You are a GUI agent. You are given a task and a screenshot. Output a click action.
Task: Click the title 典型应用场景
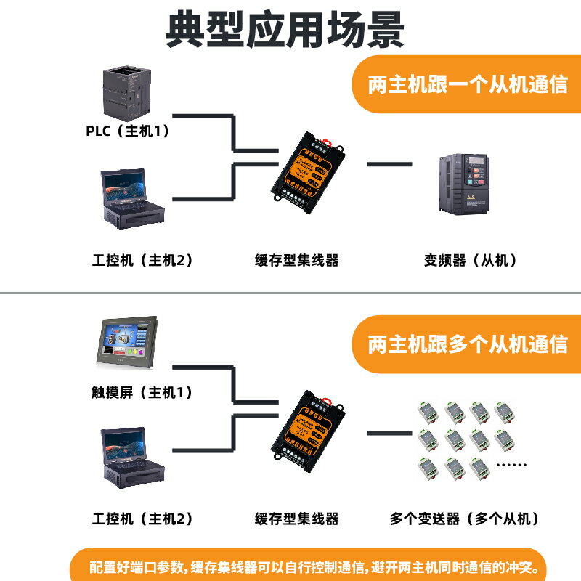pos(285,30)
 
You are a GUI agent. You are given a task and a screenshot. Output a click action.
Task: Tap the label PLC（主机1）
pos(128,131)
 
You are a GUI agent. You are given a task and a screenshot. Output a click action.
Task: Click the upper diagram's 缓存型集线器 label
pos(297,260)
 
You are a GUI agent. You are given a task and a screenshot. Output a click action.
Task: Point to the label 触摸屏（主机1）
pos(137,393)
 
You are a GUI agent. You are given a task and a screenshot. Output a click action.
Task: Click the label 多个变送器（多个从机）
pos(466,519)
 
